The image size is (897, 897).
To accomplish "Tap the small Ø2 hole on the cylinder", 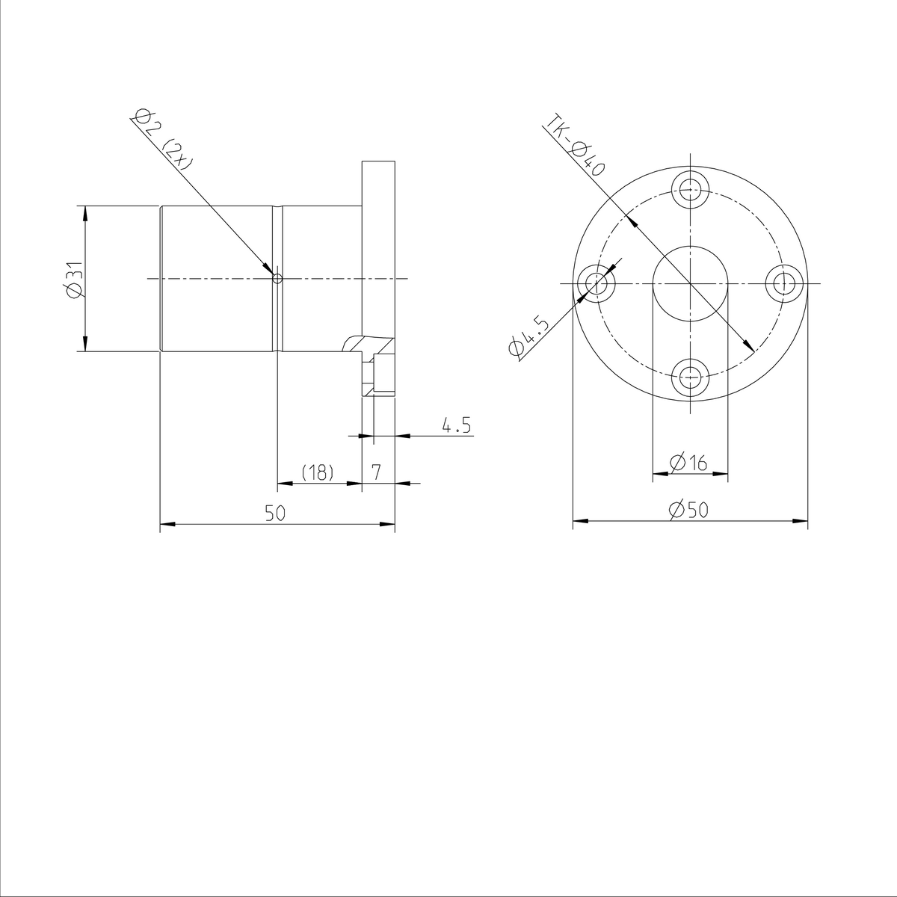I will point(277,279).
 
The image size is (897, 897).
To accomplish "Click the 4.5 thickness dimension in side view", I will point(456,426).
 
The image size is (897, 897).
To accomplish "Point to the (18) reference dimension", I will point(317,472).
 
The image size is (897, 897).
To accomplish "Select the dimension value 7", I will point(377,472).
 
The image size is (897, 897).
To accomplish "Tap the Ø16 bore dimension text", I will point(689,463).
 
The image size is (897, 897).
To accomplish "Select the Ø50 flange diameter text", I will point(689,511).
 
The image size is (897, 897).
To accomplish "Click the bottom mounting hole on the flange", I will point(689,378).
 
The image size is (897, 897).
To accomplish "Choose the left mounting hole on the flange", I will point(596,283).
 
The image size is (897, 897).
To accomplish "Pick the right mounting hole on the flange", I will point(784,283).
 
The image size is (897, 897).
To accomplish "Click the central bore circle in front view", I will point(689,283).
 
